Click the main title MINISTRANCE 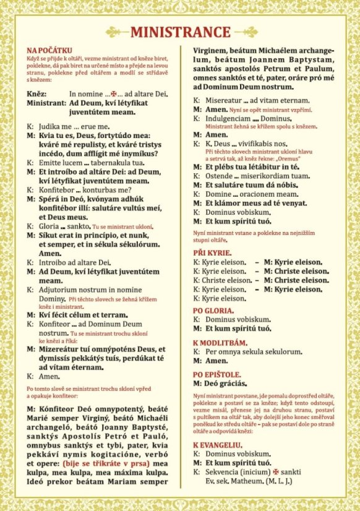click(x=180, y=32)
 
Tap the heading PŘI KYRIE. click(x=212, y=254)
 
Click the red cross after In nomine click(x=112, y=93)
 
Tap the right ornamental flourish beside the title click(x=242, y=32)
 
